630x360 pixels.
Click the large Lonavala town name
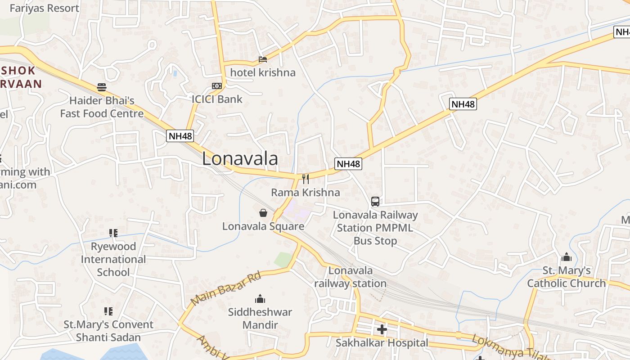(240, 159)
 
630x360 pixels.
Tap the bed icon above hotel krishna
(263, 59)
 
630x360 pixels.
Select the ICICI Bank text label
(217, 99)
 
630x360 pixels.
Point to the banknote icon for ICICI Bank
(217, 86)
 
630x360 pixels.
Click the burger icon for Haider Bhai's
(102, 87)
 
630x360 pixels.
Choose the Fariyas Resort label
(44, 8)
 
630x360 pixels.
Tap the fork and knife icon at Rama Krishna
(306, 179)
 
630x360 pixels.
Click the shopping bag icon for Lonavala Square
(263, 212)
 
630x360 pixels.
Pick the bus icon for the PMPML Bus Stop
(375, 202)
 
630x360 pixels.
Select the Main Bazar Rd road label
(226, 288)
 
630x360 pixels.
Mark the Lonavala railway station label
(350, 277)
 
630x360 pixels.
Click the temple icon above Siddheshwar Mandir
(260, 299)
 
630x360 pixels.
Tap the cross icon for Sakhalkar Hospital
(382, 330)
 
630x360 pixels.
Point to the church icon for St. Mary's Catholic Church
(566, 257)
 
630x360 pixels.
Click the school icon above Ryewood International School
(113, 233)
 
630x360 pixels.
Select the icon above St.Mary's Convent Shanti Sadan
(108, 311)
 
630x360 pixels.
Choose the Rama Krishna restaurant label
(305, 193)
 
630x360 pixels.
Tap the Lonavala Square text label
(263, 226)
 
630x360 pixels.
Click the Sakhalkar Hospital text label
(382, 343)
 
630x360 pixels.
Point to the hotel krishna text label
(263, 72)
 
